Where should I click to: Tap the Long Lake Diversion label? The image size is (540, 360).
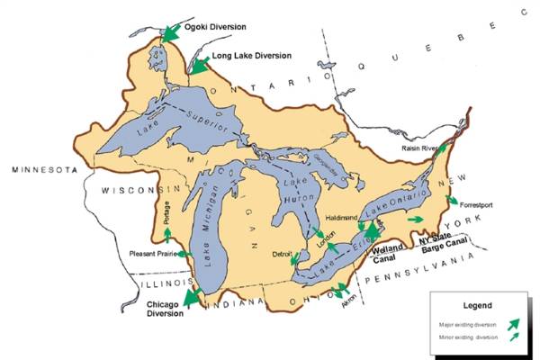point(251,56)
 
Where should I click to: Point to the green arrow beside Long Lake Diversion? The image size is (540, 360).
point(199,63)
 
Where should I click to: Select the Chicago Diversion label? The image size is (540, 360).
point(164,309)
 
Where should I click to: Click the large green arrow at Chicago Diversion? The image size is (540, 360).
point(191,295)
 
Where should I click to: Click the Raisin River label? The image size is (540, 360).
point(419,148)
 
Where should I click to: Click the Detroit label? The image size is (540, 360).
point(282,255)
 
